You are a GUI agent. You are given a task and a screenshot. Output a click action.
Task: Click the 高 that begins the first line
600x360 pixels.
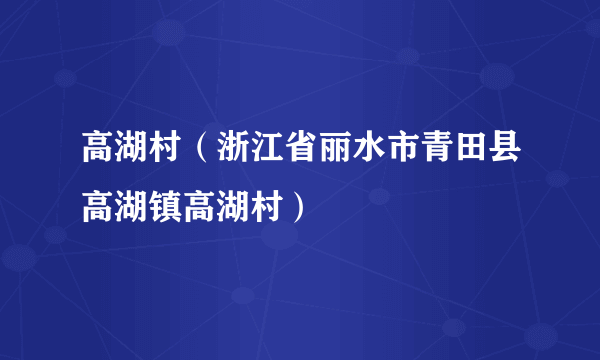97,156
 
